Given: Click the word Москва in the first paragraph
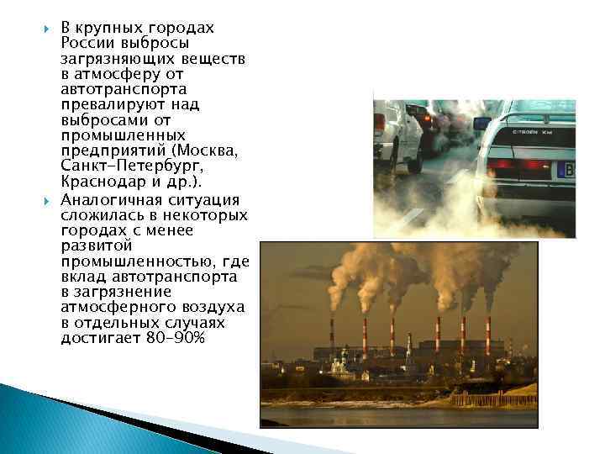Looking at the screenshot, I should [x=210, y=151].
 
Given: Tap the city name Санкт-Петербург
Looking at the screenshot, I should [x=121, y=166].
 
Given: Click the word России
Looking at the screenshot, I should [x=89, y=43].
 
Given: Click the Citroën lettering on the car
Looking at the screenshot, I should [x=529, y=132].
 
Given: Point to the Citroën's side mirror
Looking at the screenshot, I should [x=482, y=123].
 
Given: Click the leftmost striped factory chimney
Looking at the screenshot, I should [x=332, y=335].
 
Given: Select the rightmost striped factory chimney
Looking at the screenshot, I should [x=487, y=335].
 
